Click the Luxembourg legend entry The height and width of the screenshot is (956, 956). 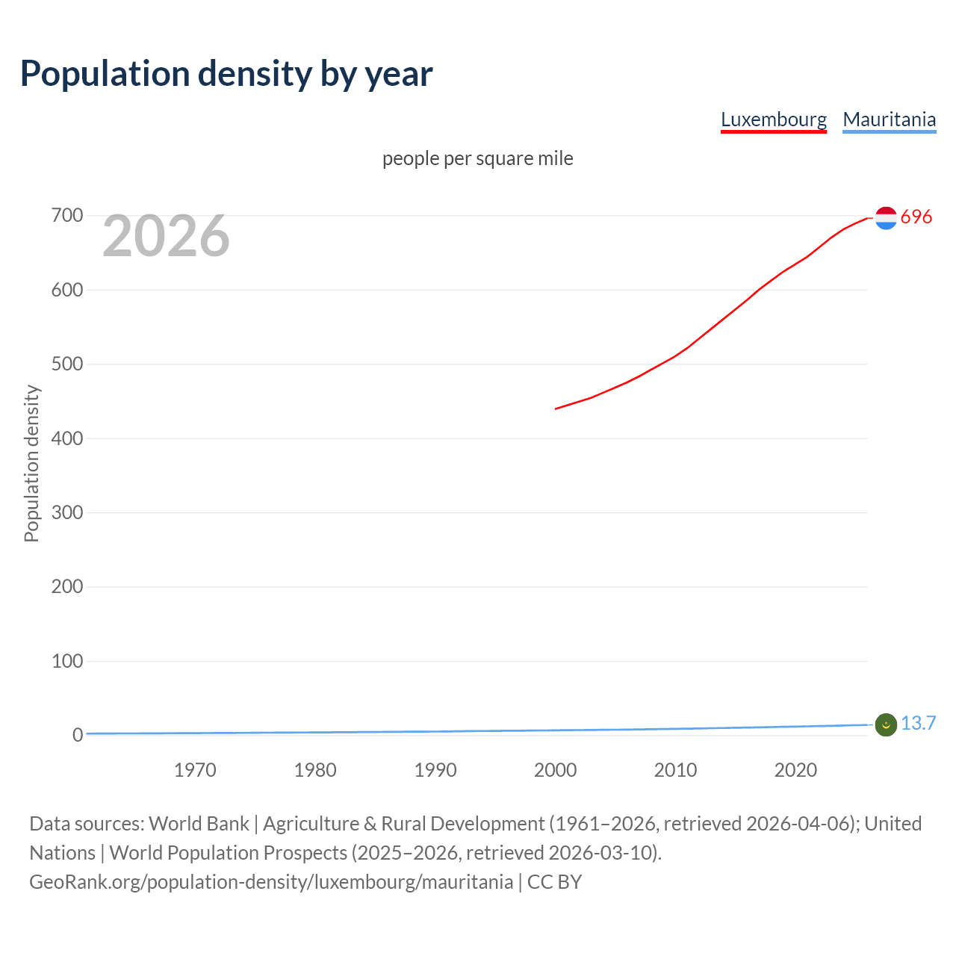pos(774,119)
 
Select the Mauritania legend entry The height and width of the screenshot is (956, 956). pos(889,119)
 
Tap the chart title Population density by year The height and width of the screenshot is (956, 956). pos(226,73)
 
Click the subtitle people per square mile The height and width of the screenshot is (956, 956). pos(478,158)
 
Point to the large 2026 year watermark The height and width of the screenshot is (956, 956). pos(166,236)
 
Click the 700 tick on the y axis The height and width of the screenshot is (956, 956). pos(67,216)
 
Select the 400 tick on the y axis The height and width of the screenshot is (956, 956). pos(67,438)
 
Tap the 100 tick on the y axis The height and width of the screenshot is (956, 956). pos(67,661)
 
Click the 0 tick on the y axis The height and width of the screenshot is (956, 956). pos(78,735)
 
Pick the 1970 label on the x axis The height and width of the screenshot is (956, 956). pos(195,770)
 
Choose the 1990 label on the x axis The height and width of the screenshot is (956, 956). pos(435,770)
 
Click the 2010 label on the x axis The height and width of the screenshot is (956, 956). pos(675,770)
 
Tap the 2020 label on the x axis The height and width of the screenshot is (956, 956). pos(795,770)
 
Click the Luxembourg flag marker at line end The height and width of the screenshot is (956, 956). pos(886,218)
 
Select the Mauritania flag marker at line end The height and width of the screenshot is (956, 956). pos(886,724)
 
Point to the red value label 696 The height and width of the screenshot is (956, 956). pos(916,217)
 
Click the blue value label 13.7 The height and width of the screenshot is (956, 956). pos(918,723)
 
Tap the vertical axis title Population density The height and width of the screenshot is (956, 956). pos(31,463)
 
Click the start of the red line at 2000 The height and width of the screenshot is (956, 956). pos(556,409)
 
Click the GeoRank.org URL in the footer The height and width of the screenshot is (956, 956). pos(271,882)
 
